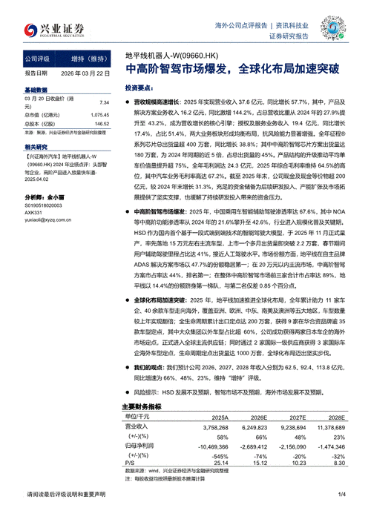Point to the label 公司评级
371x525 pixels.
click(39, 57)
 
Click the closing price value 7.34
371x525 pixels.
click(104, 104)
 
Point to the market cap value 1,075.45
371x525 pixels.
click(99, 115)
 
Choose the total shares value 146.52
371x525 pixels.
click(101, 124)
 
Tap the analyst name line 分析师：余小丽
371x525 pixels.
click(46, 197)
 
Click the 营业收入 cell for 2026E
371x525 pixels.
click(248, 427)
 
